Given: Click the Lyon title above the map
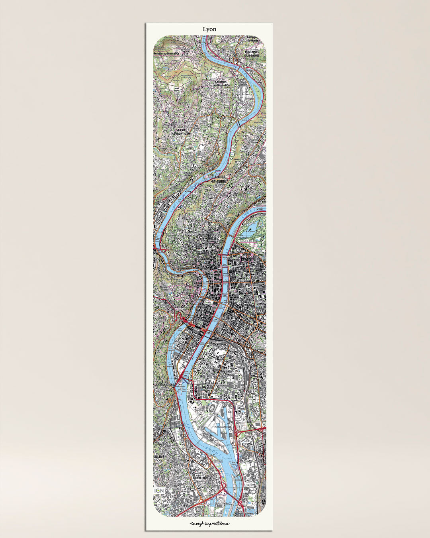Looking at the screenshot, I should (x=209, y=29).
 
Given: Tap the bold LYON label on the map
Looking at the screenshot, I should (x=246, y=259).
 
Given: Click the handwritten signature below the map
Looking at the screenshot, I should (x=210, y=523).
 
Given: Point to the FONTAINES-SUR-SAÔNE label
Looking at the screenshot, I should (x=250, y=53).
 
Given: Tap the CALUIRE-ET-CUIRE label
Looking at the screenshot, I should (x=219, y=179).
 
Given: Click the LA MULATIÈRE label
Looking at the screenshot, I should (x=165, y=384).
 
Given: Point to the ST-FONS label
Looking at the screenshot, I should (x=247, y=443).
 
